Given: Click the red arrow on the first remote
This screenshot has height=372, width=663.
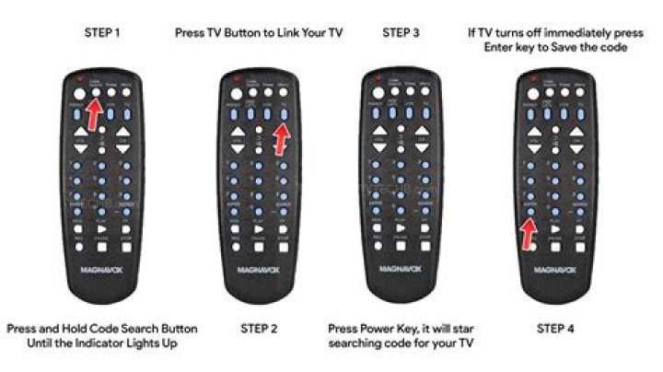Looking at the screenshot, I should click(93, 114).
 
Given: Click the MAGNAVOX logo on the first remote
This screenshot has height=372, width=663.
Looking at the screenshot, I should click(102, 272).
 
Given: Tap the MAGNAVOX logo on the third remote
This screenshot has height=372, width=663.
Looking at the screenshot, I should click(401, 272).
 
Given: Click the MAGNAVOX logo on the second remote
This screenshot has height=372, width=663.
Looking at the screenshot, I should click(251, 272).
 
